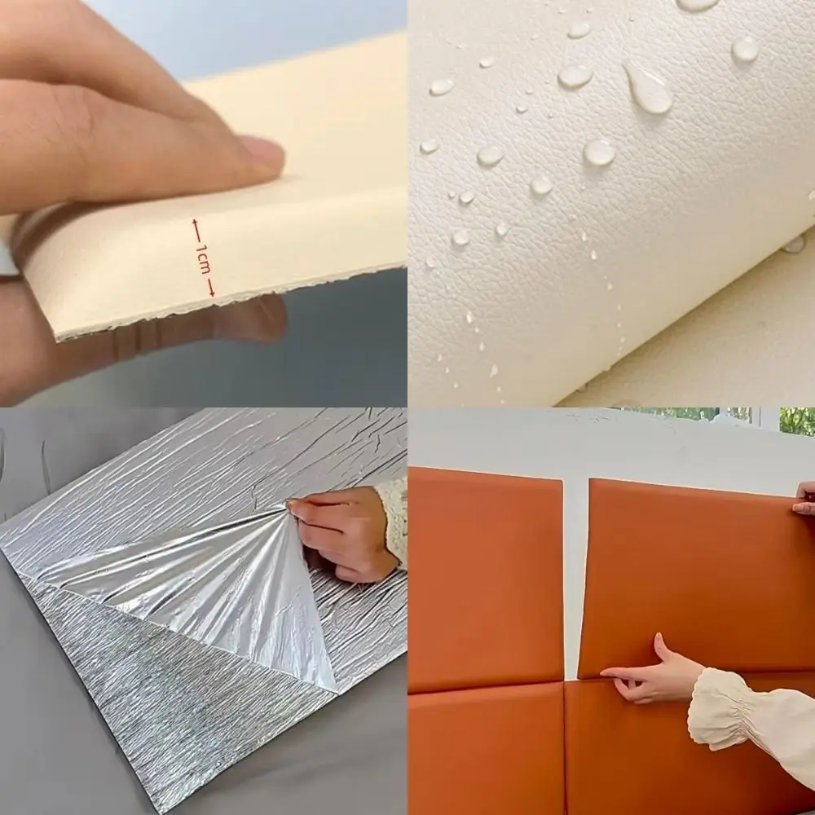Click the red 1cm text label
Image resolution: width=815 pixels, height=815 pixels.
tap(203, 258)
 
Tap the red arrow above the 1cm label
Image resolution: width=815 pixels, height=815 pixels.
tap(197, 231)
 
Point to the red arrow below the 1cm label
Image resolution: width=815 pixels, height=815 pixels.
tap(210, 286)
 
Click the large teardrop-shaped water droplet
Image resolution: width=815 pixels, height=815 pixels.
tap(647, 87)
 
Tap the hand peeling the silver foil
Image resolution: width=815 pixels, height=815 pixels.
tap(341, 533)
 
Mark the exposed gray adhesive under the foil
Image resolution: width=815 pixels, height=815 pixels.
tap(171, 691)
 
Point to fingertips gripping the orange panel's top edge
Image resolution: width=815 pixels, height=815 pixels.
tap(804, 499)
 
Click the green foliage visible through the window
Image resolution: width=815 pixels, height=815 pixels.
tap(797, 421)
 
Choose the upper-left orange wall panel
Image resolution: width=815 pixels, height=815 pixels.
tap(486, 579)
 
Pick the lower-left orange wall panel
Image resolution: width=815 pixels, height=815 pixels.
tap(486, 751)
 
